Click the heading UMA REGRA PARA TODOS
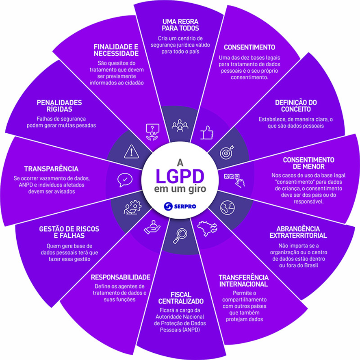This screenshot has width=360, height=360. (x=180, y=24)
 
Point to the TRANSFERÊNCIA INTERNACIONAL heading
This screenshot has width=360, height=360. (x=243, y=280)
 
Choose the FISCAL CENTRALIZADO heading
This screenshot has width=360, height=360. (x=181, y=298)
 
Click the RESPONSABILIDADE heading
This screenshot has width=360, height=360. (x=121, y=278)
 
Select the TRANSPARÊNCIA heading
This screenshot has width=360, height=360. (x=51, y=168)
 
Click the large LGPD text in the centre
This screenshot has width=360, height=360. (x=180, y=176)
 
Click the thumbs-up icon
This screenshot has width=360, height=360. (x=208, y=132)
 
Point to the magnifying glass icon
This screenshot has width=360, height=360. (x=179, y=236)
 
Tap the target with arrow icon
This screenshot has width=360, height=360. (x=227, y=153)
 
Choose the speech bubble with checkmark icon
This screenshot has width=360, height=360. (x=124, y=180)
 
